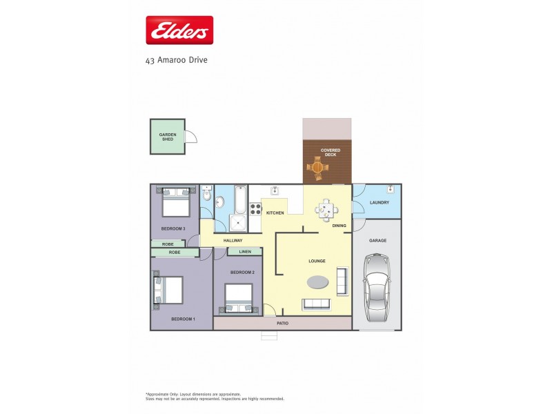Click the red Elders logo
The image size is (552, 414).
[179, 30]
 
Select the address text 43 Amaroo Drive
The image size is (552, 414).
[176, 60]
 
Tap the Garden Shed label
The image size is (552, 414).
[167, 137]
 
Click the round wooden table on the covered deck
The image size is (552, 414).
[317, 167]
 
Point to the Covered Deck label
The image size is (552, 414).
[330, 152]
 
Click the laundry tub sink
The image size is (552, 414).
[391, 188]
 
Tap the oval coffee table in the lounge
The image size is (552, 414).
[317, 282]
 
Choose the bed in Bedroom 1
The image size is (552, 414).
[168, 290]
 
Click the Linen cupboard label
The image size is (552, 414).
[245, 252]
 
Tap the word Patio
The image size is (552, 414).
[282, 323]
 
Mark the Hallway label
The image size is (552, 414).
[233, 240]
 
